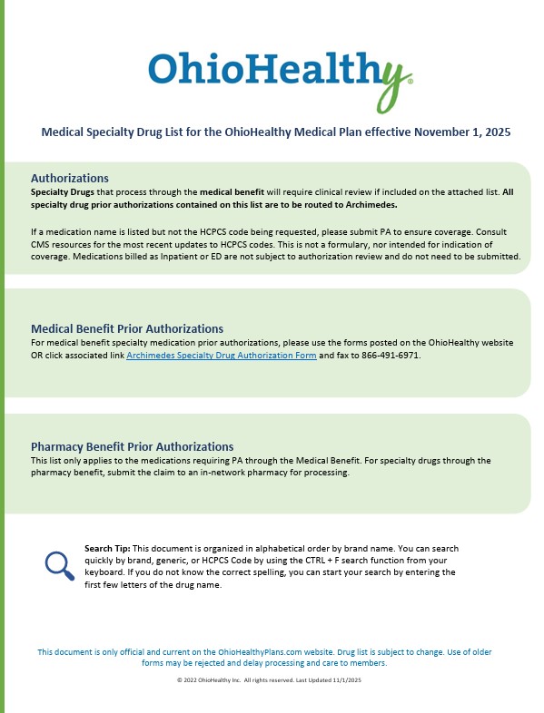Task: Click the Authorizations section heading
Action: (69, 178)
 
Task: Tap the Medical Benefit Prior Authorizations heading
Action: (126, 328)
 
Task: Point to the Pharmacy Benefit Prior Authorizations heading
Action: (132, 446)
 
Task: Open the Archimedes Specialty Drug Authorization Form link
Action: (221, 356)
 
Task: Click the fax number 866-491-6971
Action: (393, 356)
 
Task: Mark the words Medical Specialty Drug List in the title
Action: (108, 132)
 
